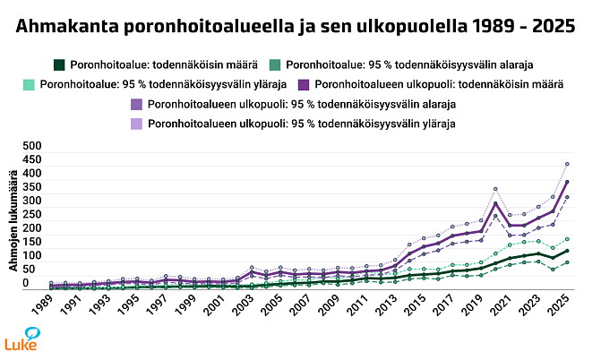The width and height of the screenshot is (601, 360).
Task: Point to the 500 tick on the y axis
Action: [31, 145]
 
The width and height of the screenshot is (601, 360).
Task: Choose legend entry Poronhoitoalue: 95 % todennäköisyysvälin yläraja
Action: [154, 84]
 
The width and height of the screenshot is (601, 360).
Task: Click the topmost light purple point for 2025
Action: [567, 164]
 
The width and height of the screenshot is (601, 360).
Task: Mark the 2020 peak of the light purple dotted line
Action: [495, 189]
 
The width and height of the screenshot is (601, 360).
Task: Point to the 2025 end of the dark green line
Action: [567, 251]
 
